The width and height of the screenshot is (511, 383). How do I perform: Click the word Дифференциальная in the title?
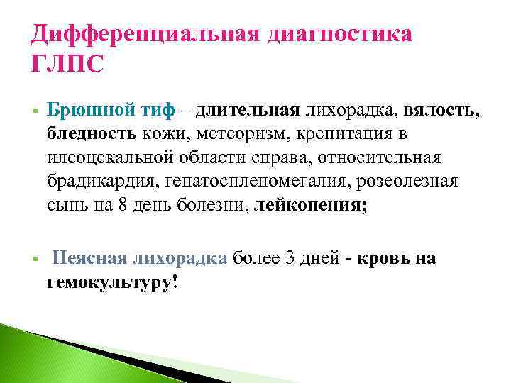[x=143, y=35]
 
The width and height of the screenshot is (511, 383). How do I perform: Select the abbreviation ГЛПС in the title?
[x=67, y=65]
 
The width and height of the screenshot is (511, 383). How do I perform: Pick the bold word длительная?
[x=248, y=111]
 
